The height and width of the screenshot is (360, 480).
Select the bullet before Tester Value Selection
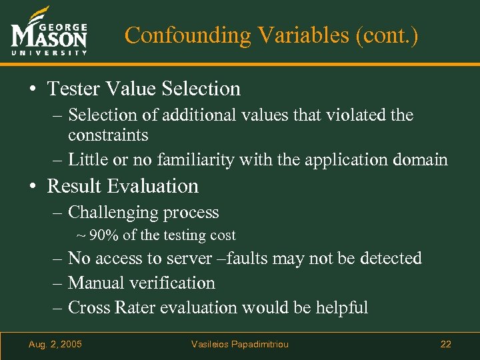[x=33, y=89]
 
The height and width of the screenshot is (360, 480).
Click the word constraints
[x=108, y=135]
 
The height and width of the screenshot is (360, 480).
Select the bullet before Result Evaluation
[x=33, y=186]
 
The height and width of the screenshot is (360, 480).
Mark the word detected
[x=390, y=258]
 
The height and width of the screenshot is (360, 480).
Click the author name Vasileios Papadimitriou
[x=240, y=344]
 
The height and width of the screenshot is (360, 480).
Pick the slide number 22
[x=445, y=344]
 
